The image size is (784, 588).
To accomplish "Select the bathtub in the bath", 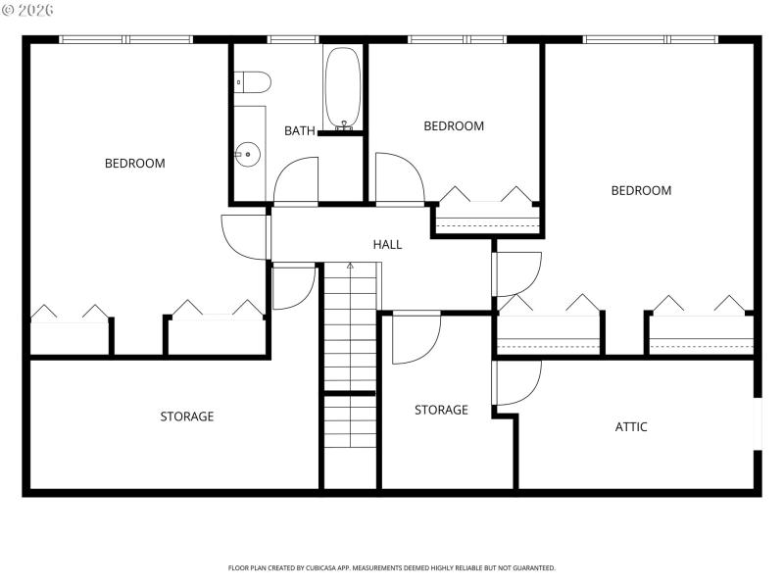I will click(343, 88).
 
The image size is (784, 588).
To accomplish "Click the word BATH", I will click(300, 131).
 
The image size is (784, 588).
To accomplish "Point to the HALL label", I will click(387, 244).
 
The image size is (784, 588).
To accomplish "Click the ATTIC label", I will click(631, 427).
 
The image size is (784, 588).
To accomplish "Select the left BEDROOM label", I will click(135, 164).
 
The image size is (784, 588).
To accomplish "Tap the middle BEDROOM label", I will click(454, 126).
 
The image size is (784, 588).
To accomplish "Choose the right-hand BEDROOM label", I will click(641, 191).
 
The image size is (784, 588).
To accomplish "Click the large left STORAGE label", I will click(187, 416).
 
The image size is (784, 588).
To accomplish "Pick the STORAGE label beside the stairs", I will click(441, 411).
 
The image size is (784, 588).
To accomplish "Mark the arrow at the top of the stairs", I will click(350, 267).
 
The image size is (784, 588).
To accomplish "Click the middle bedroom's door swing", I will click(397, 178).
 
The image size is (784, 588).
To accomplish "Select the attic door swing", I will click(517, 382).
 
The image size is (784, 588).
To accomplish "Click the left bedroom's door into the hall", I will click(245, 235).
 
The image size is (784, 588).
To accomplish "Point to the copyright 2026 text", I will click(28, 10).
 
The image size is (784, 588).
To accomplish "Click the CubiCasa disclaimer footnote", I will click(392, 567).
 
